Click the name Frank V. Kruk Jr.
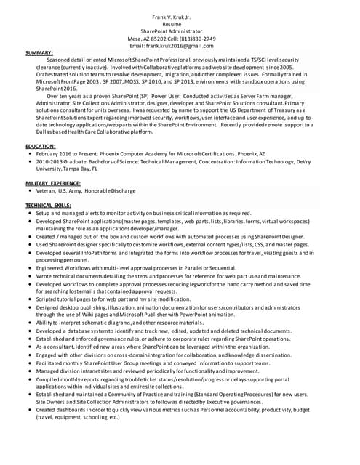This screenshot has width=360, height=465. tap(178, 16)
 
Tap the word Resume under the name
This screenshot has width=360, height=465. tap(178, 23)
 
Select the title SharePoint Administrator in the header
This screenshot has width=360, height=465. tap(178, 31)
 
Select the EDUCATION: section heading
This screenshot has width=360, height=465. tap(41, 146)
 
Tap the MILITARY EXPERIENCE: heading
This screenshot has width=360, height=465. tap(53, 183)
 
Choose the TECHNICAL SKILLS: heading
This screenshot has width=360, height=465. tap(49, 206)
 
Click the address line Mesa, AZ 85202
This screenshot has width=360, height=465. tap(149, 38)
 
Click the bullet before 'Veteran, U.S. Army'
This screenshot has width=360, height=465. tap(28, 191)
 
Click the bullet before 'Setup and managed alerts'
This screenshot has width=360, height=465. tap(28, 214)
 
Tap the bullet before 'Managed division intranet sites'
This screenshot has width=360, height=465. tap(28, 371)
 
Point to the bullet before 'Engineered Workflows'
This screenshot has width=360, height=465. tap(28, 268)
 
